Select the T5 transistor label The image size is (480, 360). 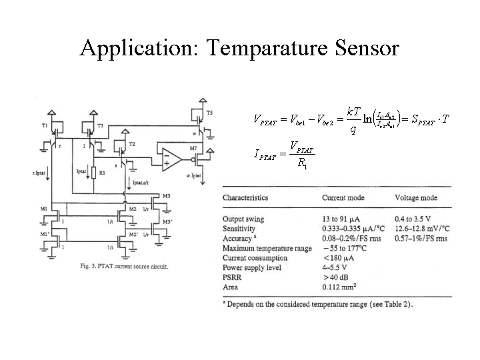(210, 111)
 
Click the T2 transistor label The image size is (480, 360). (132, 145)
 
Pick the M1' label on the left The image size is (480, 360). (43, 234)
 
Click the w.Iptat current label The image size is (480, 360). (192, 176)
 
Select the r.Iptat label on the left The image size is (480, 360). (39, 173)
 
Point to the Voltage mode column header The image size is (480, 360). (416, 198)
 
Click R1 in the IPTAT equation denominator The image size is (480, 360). (303, 164)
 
